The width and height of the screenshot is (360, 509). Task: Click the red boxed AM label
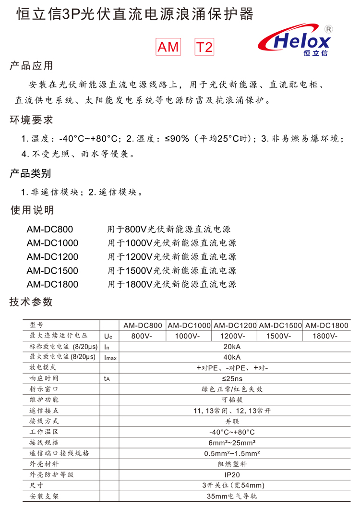(x=168, y=47)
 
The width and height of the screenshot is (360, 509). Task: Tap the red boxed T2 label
(x=204, y=47)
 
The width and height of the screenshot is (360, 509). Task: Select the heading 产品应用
(x=31, y=66)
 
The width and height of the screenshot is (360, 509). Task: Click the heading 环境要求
(x=31, y=120)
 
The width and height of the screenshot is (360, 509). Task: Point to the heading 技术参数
(x=31, y=302)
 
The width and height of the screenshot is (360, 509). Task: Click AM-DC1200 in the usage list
(x=52, y=256)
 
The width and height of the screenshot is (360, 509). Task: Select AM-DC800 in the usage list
(x=50, y=229)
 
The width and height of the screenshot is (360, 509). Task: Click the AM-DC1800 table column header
(x=326, y=325)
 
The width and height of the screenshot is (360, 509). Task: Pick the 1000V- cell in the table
(x=188, y=336)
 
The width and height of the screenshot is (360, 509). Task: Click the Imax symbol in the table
(x=110, y=357)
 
